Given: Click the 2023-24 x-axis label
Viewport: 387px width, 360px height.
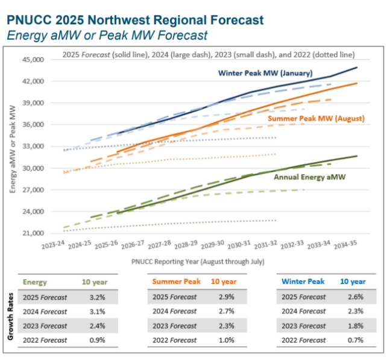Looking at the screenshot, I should pyautogui.click(x=52, y=248).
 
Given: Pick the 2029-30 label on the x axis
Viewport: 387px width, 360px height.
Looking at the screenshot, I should pyautogui.click(x=212, y=248).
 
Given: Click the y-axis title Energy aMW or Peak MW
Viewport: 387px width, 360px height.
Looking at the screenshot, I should pyautogui.click(x=13, y=148).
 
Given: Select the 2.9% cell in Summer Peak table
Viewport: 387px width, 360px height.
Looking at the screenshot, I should pyautogui.click(x=219, y=297).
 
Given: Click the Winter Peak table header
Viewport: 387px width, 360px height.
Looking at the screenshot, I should pyautogui.click(x=303, y=282).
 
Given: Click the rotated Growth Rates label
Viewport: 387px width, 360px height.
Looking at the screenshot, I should pyautogui.click(x=10, y=318).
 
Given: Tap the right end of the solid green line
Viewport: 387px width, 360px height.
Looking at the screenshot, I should pyautogui.click(x=357, y=156).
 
